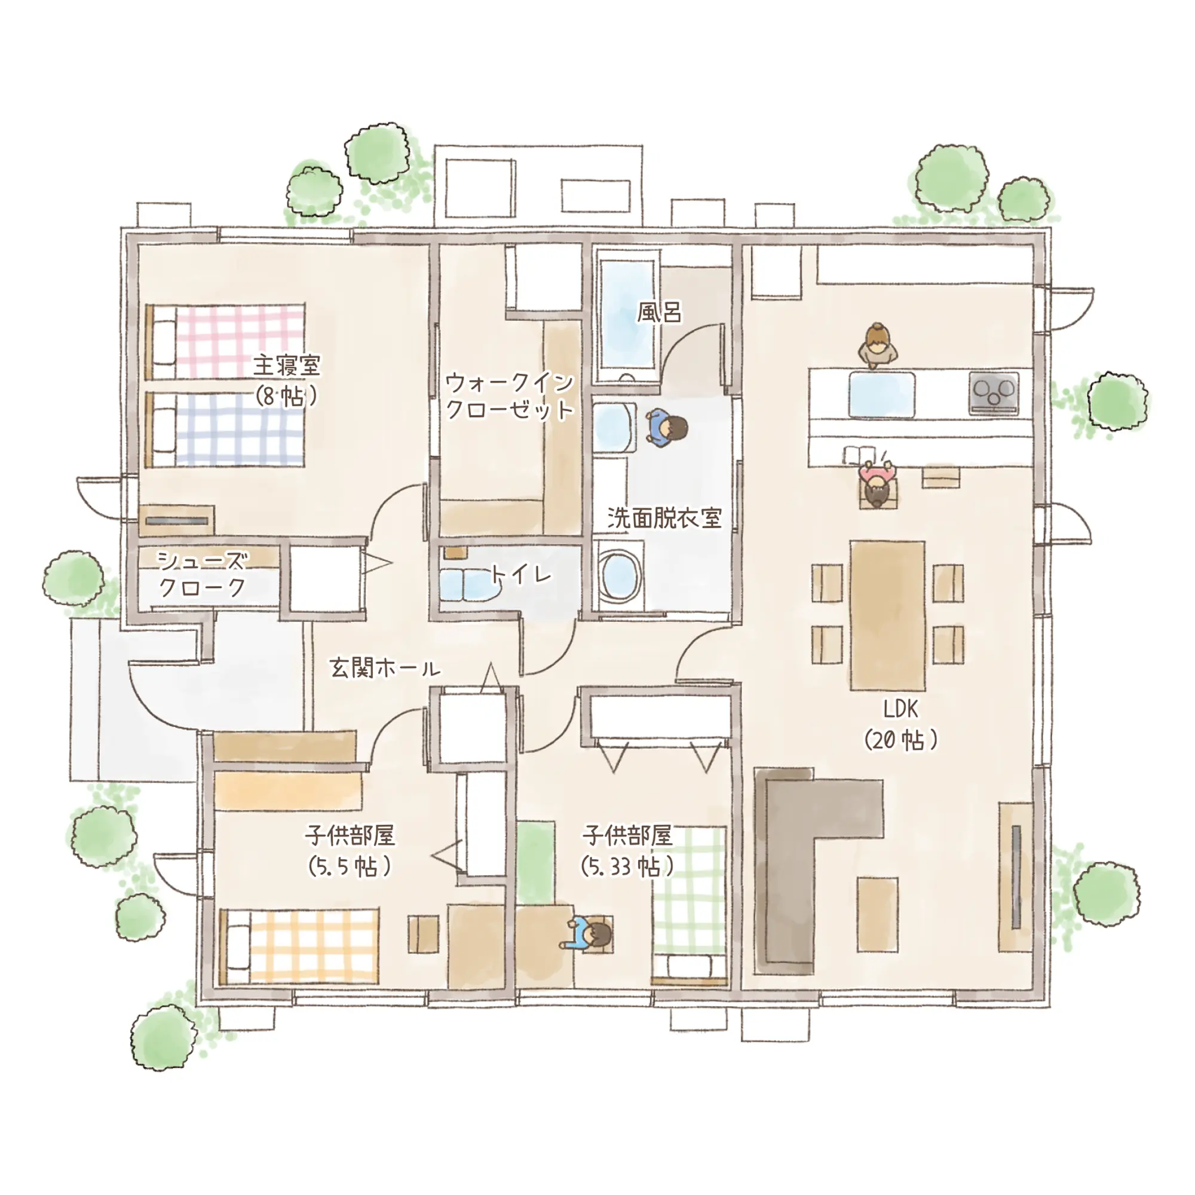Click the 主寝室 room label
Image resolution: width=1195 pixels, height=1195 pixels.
pyautogui.click(x=287, y=365)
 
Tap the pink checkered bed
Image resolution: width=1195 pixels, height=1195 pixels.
pyautogui.click(x=225, y=341)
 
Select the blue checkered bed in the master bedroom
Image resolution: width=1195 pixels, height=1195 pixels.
pyautogui.click(x=225, y=429)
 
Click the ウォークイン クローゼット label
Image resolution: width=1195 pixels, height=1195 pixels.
pyautogui.click(x=510, y=396)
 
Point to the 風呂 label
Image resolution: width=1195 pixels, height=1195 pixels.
pyautogui.click(x=660, y=312)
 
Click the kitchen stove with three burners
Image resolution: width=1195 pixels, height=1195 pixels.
pyautogui.click(x=994, y=393)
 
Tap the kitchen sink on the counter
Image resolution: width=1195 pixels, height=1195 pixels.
pyautogui.click(x=881, y=394)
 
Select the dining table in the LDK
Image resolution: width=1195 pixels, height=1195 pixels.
pyautogui.click(x=888, y=615)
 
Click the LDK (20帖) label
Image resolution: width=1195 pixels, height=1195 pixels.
pyautogui.click(x=900, y=724)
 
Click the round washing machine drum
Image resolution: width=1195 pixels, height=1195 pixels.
pyautogui.click(x=619, y=574)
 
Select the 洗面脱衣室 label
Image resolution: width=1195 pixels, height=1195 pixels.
pyautogui.click(x=664, y=518)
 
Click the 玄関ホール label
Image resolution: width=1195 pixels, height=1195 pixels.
pyautogui.click(x=385, y=668)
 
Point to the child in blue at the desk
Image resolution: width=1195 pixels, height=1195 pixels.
pyautogui.click(x=587, y=934)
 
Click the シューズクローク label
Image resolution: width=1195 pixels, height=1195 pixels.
pyautogui.click(x=203, y=574)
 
